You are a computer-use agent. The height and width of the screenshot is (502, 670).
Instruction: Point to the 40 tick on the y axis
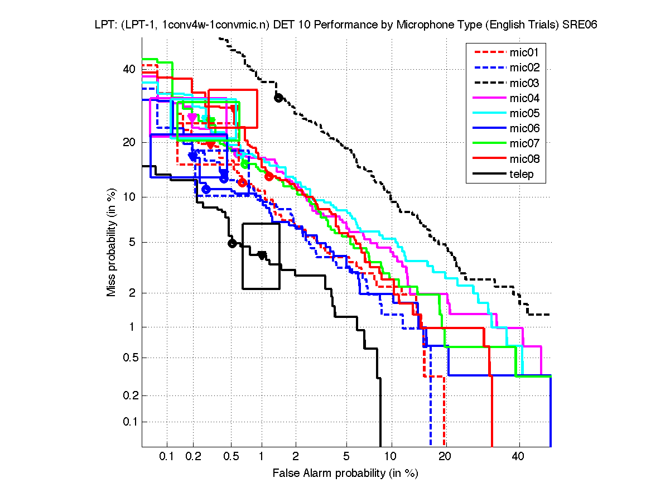[129, 69]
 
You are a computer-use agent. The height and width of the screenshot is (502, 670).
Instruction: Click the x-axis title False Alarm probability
[345, 474]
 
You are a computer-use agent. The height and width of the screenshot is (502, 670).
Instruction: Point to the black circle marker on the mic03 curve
[278, 98]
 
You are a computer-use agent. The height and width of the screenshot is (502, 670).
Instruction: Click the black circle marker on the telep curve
[232, 243]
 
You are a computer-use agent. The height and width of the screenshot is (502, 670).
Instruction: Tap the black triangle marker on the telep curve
[262, 255]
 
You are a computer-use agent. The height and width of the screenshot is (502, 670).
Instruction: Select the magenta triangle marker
[192, 118]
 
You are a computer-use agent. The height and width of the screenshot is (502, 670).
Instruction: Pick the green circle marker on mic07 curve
[244, 163]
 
